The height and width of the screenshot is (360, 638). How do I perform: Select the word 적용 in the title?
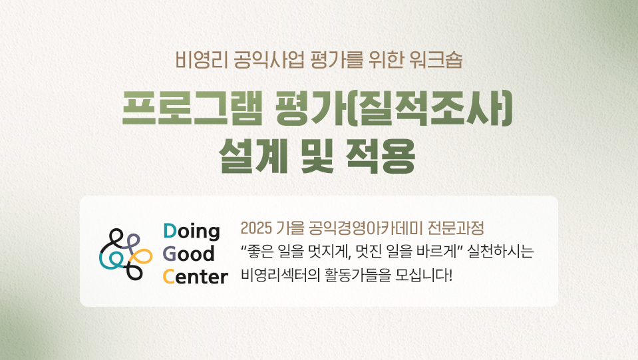(x=380, y=156)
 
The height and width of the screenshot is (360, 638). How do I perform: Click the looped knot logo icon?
(x=126, y=254)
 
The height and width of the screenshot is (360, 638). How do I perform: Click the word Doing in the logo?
(x=191, y=232)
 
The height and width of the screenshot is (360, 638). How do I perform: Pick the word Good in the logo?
(x=188, y=254)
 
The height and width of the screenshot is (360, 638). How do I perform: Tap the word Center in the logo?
(x=196, y=277)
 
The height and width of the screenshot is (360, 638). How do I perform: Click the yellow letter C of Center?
(x=169, y=277)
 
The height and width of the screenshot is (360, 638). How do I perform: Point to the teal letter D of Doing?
(x=170, y=231)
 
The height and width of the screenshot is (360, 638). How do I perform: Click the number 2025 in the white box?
(x=256, y=228)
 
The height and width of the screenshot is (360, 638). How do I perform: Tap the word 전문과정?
(x=455, y=228)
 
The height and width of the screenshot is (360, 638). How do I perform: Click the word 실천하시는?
(x=500, y=252)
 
